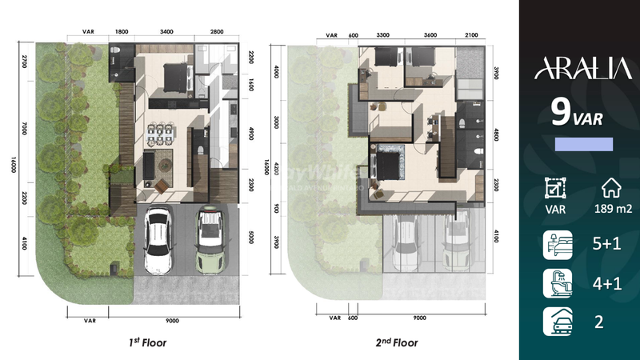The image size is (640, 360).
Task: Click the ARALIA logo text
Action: coord(579,70)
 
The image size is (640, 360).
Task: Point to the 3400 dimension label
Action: coord(166,33)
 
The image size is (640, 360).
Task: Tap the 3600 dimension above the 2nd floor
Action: coord(430,35)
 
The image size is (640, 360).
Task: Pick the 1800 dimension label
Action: coord(122,33)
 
